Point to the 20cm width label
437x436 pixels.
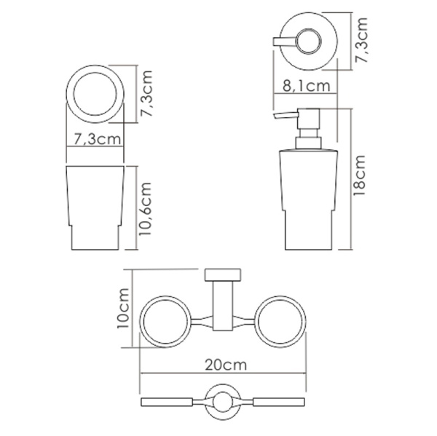[x=224, y=361]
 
